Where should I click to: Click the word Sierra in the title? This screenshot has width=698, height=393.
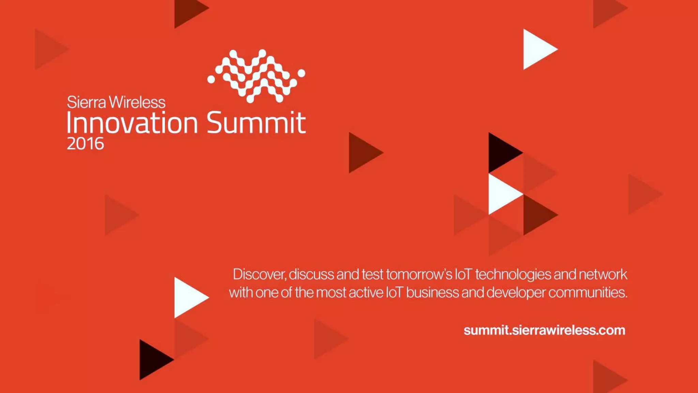click(x=86, y=102)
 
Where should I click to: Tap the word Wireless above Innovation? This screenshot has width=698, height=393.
click(x=137, y=102)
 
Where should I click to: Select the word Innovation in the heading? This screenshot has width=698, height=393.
click(x=132, y=123)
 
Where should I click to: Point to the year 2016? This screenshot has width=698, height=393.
click(x=85, y=144)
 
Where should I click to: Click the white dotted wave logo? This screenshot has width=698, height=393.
click(x=256, y=76)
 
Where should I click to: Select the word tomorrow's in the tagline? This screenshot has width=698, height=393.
click(x=419, y=275)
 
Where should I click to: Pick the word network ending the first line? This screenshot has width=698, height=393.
click(x=603, y=275)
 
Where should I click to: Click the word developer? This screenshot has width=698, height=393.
click(x=516, y=293)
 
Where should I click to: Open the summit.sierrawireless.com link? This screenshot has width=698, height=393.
click(x=544, y=330)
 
